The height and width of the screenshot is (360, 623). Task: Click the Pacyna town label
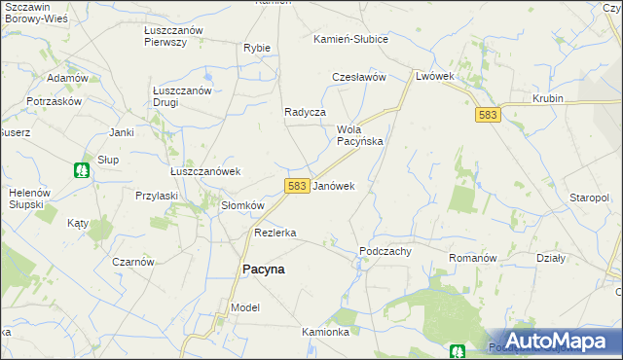tap(262, 270)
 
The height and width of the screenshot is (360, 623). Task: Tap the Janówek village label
tap(333, 185)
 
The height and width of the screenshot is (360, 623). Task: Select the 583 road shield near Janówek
tap(298, 185)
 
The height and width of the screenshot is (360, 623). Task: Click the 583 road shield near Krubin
tap(489, 115)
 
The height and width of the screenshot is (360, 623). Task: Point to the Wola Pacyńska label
tap(359, 135)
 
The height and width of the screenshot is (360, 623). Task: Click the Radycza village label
tap(304, 112)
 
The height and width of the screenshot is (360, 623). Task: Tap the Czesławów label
tap(359, 77)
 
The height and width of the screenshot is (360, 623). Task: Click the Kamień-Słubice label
tap(350, 39)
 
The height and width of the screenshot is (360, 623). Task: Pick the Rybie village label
tap(257, 48)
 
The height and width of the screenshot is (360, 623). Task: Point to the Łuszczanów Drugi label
tap(183, 96)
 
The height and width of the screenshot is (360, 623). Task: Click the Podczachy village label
tap(385, 250)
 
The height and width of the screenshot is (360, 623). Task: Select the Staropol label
tap(590, 198)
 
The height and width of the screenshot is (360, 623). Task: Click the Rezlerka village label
tap(275, 233)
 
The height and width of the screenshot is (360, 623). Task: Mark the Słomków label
tap(242, 205)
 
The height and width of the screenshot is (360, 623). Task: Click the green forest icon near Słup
tap(83, 170)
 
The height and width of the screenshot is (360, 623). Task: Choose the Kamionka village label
tap(325, 332)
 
